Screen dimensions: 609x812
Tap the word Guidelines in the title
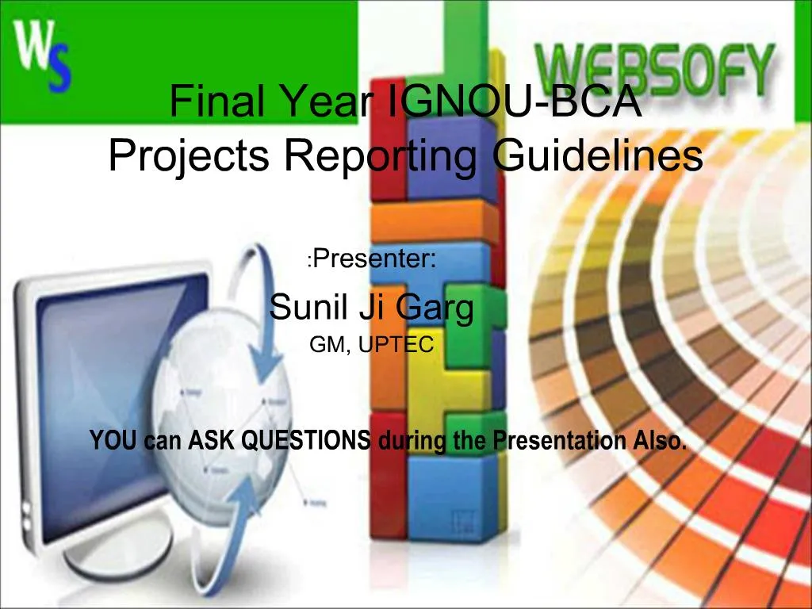coord(598,155)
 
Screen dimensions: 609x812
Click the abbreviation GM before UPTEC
coord(327,345)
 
